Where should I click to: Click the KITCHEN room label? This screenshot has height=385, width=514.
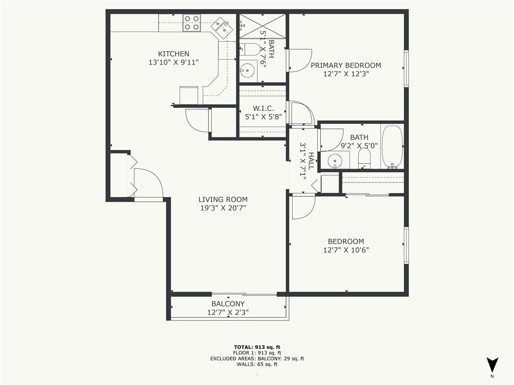click(x=173, y=54)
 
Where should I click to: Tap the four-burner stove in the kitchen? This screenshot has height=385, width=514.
click(x=191, y=23)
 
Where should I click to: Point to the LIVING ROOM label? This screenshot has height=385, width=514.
click(x=223, y=200)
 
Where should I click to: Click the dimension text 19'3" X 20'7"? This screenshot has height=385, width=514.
click(x=223, y=208)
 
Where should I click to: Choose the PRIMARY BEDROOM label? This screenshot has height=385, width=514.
click(x=346, y=65)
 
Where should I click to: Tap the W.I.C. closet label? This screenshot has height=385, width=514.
click(x=263, y=108)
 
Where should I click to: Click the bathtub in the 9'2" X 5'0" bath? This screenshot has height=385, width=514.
click(x=392, y=147)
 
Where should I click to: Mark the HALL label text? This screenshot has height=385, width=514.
click(x=311, y=161)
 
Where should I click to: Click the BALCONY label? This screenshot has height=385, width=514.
click(x=228, y=304)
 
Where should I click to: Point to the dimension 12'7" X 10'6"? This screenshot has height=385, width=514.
click(x=346, y=250)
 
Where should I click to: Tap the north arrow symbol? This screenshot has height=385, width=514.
click(x=492, y=364)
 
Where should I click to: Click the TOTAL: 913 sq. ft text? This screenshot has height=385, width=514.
click(x=257, y=347)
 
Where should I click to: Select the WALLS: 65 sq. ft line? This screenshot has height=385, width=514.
click(x=257, y=364)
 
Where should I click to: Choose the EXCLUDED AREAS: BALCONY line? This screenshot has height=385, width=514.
click(x=257, y=358)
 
